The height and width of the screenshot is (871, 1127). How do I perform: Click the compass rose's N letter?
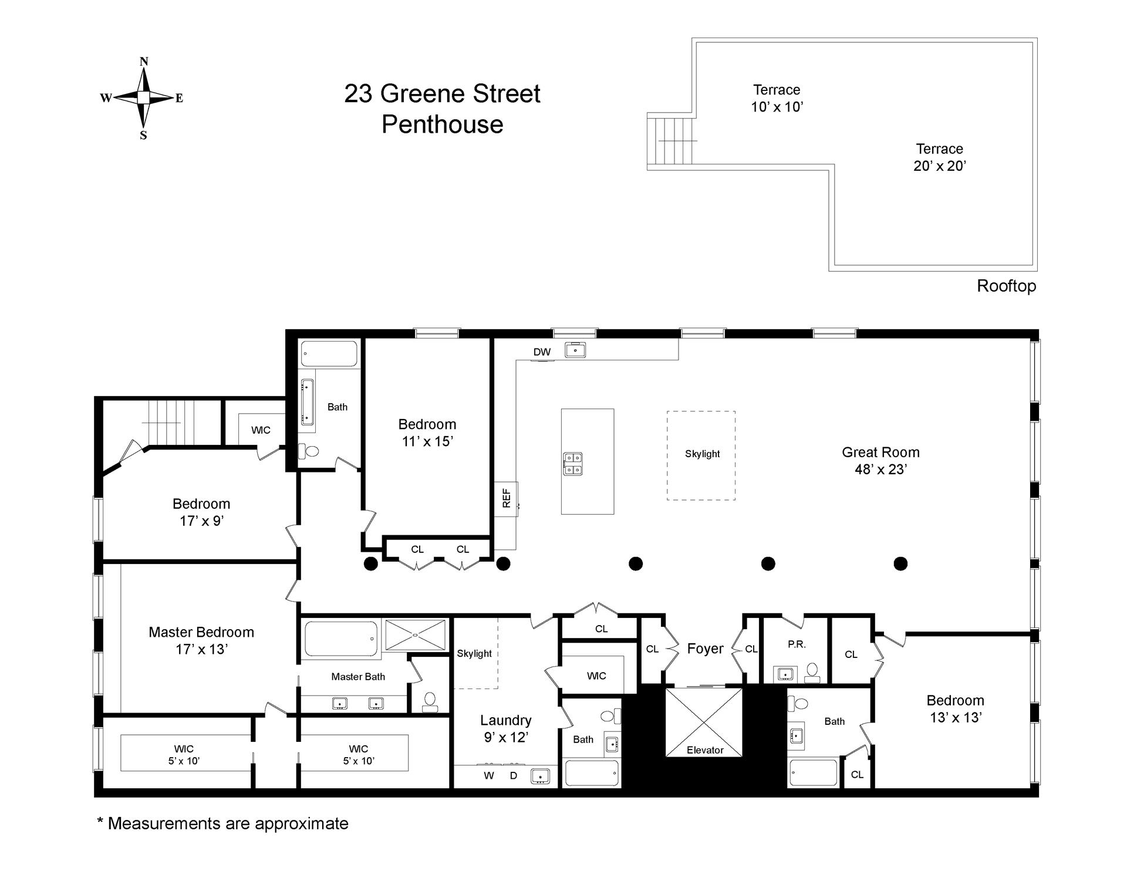[144, 62]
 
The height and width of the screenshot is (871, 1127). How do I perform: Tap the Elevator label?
[705, 750]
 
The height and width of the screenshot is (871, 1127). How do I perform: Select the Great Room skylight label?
[702, 454]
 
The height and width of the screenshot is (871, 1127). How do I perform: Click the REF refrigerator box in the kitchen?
[506, 499]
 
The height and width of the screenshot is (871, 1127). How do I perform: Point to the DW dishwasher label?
[542, 352]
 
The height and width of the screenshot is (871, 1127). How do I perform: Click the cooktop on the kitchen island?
[573, 464]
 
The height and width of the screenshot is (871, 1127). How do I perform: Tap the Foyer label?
[705, 649]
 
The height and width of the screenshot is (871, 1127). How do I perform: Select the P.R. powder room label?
[797, 644]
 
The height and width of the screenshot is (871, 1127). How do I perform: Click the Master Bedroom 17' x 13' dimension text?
[201, 649]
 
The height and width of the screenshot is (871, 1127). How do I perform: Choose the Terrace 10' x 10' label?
[777, 98]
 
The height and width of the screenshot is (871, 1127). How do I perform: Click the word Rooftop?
[1006, 286]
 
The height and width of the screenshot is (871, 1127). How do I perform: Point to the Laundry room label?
[505, 720]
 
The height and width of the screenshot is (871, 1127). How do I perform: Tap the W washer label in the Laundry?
[489, 775]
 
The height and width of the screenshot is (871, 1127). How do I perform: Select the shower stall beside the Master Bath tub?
[415, 634]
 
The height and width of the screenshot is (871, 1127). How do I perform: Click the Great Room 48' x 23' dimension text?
[880, 469]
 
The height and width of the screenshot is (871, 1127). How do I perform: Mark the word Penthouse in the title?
[442, 124]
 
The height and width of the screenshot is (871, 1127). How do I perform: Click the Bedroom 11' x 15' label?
[427, 433]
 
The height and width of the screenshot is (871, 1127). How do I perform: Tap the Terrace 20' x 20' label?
[939, 157]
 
